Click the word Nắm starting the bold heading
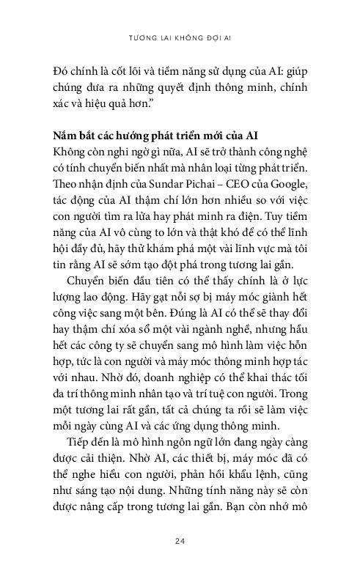pos(67,136)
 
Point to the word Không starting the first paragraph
pos(71,152)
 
